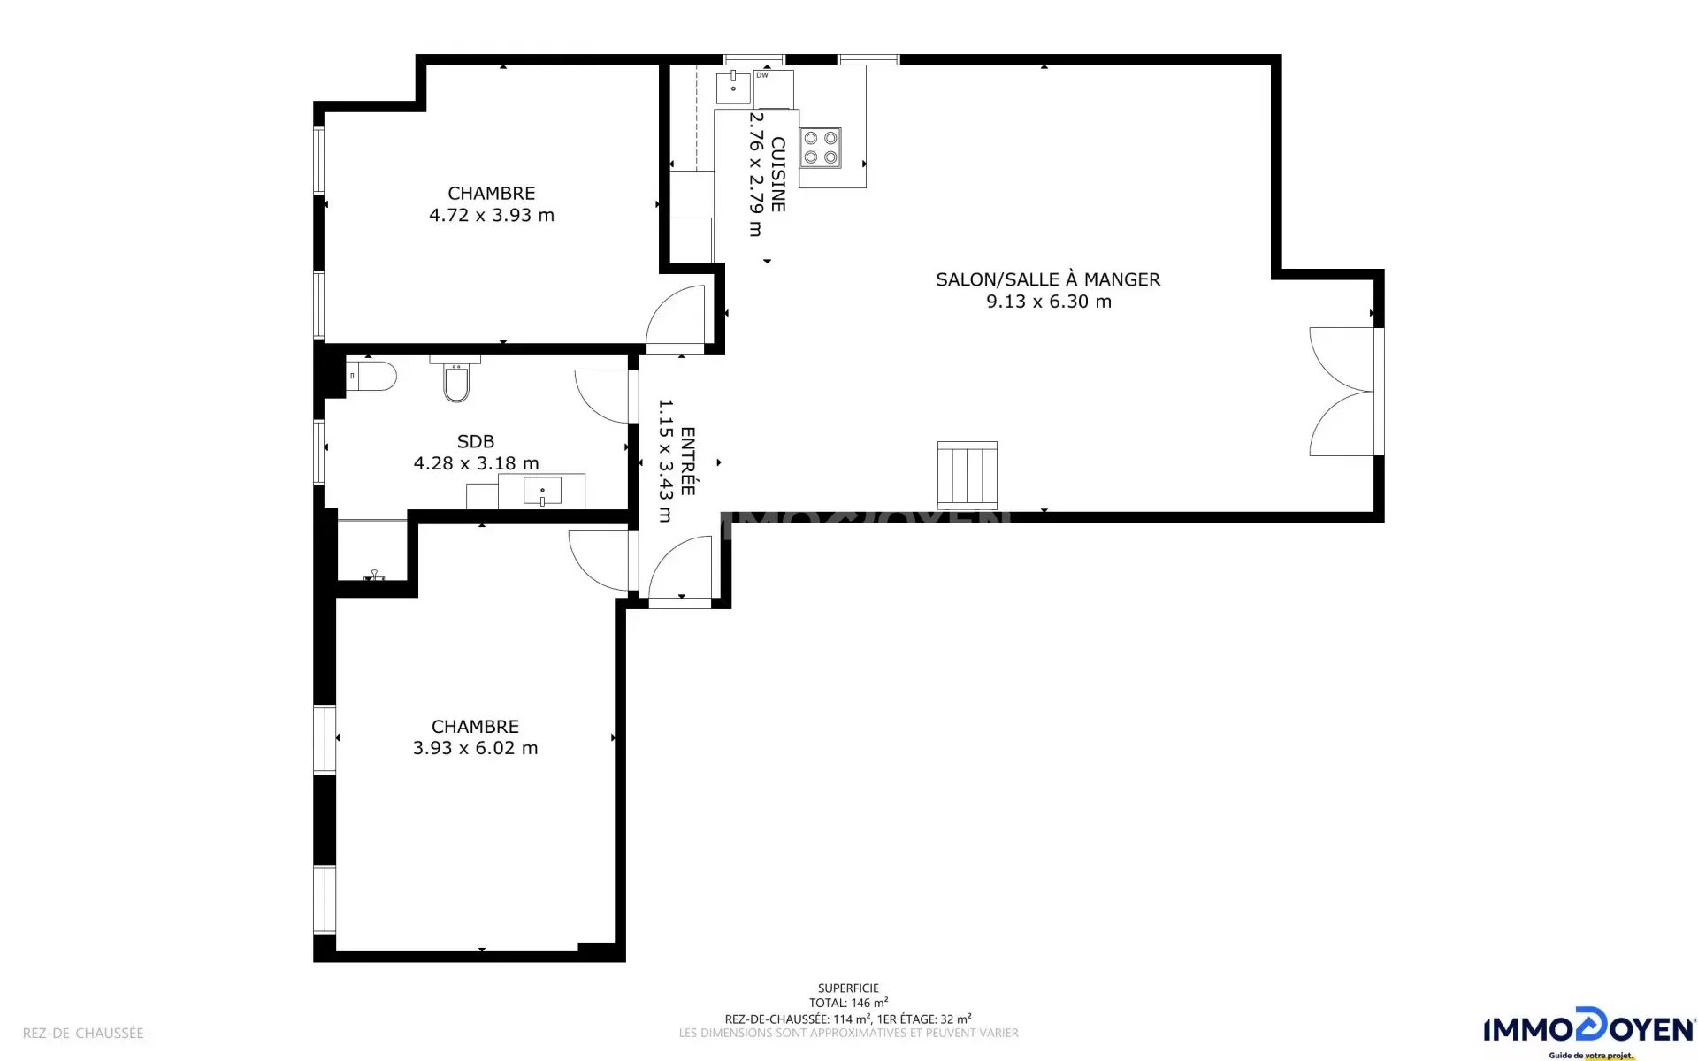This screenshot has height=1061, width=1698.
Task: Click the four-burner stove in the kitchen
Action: pos(821,148)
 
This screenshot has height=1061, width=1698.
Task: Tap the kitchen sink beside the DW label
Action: pos(733,87)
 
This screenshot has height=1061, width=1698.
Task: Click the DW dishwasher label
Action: pos(762,75)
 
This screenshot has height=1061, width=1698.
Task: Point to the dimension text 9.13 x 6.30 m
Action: pos(1049,302)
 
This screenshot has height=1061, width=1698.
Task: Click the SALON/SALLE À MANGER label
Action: pos(1048,279)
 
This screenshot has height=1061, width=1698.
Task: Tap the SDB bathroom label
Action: pos(476,441)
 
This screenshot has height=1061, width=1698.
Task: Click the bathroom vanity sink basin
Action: pos(542,491)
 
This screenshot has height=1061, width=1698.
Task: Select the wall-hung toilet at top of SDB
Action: pos(456,379)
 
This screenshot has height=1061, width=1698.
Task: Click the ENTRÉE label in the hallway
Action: pos(688,462)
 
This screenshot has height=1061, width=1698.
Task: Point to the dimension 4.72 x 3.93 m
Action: pos(492,215)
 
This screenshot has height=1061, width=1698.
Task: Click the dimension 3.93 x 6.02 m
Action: pos(476,748)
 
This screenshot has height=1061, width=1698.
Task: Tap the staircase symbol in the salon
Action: pos(968,476)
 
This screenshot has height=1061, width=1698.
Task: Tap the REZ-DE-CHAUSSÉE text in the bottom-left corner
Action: pos(83,1033)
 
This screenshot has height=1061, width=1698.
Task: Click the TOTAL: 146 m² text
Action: pos(848,1003)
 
